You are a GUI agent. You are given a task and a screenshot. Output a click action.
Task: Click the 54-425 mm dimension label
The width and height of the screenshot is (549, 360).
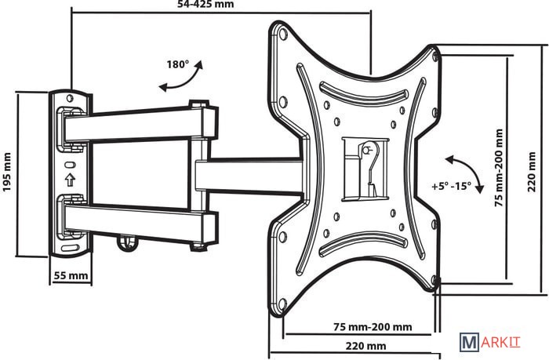point(205,4)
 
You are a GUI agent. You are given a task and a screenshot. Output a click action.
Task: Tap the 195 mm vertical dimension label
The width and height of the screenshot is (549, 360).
point(7,172)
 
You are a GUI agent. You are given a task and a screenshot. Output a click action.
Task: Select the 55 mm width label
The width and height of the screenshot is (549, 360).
point(71,275)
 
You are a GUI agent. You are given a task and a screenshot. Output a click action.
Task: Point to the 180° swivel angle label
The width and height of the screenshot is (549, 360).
point(177,64)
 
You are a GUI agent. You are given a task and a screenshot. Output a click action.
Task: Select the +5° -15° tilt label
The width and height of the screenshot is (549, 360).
point(451,186)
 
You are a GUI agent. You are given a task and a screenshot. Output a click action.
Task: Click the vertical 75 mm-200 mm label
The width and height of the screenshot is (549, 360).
point(499,168)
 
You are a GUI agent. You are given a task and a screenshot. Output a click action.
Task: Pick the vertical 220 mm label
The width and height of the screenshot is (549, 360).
point(532,172)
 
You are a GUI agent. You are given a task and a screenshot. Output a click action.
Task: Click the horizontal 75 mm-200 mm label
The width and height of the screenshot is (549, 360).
point(373,327)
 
